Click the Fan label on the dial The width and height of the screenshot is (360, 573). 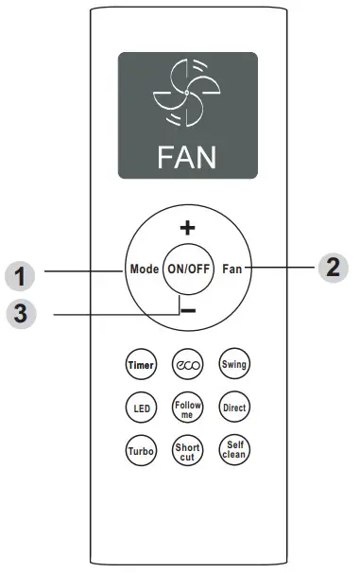point(232,269)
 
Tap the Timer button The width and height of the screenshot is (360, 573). point(138,365)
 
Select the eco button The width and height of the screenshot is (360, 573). point(185,365)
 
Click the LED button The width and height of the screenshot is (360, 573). point(138,408)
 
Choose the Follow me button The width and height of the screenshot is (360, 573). point(185,408)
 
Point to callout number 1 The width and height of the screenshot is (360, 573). point(21,276)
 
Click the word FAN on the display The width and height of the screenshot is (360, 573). point(187,154)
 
